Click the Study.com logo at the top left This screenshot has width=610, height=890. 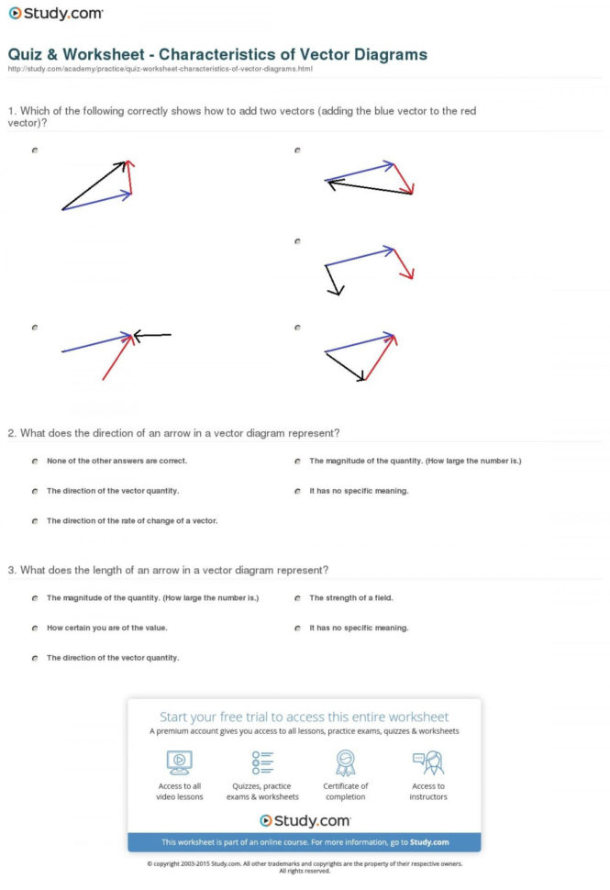(55, 15)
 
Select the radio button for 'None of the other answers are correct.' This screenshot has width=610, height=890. (34, 462)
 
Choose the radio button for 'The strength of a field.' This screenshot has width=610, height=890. (298, 598)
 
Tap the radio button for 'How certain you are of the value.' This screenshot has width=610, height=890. (34, 629)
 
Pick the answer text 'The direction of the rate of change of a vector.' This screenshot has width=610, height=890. (131, 521)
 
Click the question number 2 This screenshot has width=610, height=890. (11, 433)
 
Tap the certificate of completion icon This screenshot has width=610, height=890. (346, 762)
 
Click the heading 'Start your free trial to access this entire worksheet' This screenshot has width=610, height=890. (304, 717)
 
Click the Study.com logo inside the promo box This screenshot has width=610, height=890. (305, 820)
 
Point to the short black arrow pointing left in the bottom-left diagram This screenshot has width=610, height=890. (152, 336)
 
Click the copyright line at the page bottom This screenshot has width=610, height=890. (305, 864)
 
